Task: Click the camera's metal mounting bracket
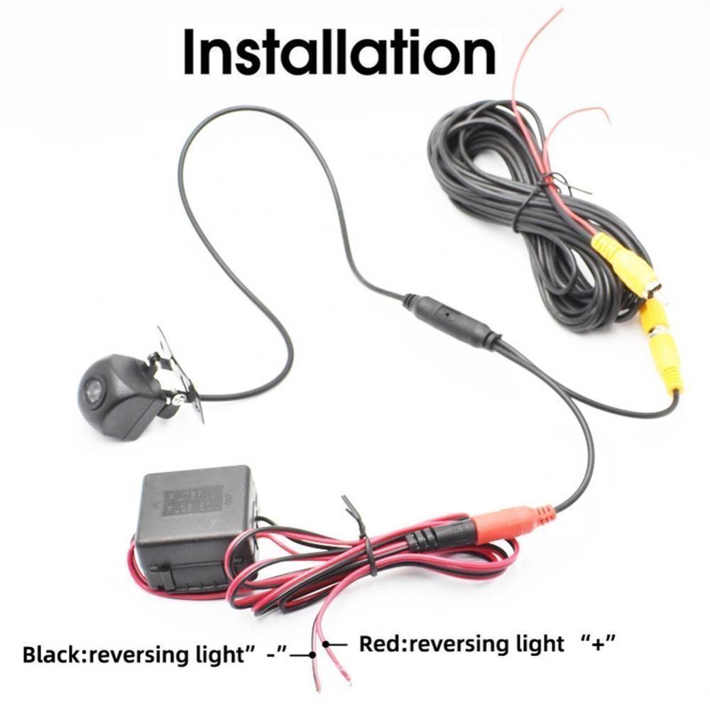point(177,369)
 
